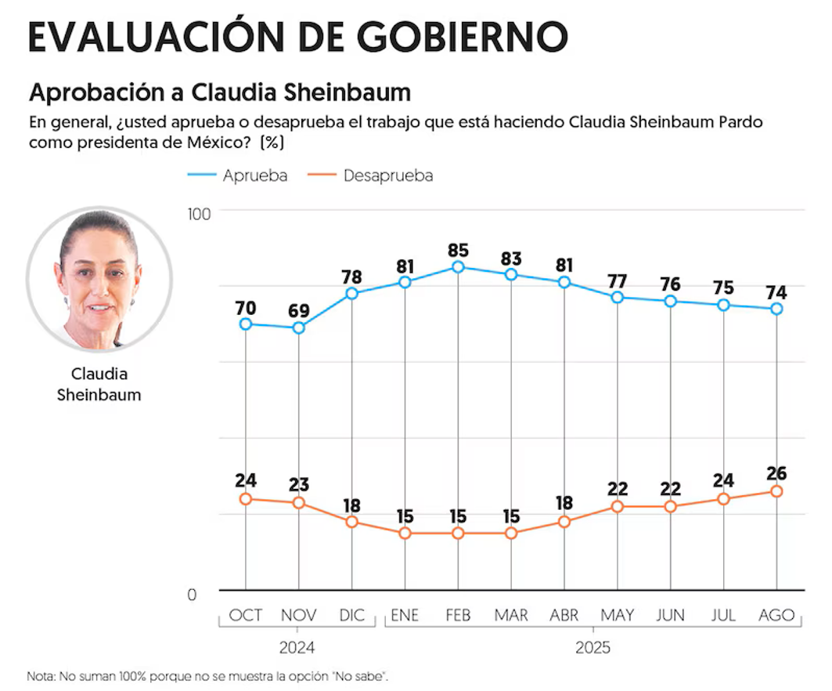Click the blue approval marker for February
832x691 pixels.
tap(458, 267)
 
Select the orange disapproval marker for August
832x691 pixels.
tap(776, 491)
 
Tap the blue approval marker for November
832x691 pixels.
tap(298, 327)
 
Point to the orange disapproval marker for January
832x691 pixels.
tap(405, 533)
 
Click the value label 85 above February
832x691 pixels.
tap(458, 251)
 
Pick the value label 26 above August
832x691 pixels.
tap(776, 474)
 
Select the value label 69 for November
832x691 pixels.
tap(298, 311)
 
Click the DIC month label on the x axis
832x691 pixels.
tap(351, 616)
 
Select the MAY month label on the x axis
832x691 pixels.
tap(617, 616)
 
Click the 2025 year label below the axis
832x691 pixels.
tap(592, 649)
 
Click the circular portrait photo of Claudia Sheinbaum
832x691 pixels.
tap(99, 280)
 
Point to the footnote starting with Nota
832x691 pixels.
tap(208, 676)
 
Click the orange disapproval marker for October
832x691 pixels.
tap(246, 499)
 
